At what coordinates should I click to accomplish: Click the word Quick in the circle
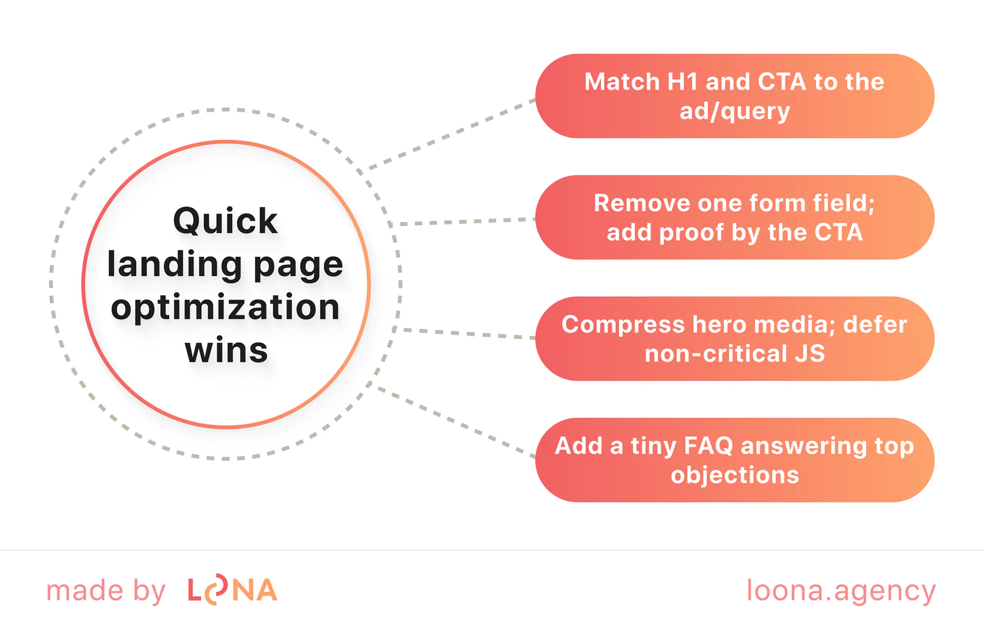tap(225, 221)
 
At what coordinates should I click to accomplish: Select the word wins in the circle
tap(226, 350)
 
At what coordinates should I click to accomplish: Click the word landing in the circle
tap(174, 265)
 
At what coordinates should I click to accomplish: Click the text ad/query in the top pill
tap(734, 111)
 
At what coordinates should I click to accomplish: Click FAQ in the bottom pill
tap(708, 446)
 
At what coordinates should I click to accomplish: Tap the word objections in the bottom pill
tap(734, 475)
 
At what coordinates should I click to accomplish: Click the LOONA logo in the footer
tap(232, 591)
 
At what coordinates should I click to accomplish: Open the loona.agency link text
tap(841, 591)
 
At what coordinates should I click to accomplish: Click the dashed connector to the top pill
tap(451, 134)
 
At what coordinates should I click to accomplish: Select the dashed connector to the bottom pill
tap(457, 422)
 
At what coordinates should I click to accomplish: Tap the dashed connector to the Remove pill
tap(463, 221)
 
